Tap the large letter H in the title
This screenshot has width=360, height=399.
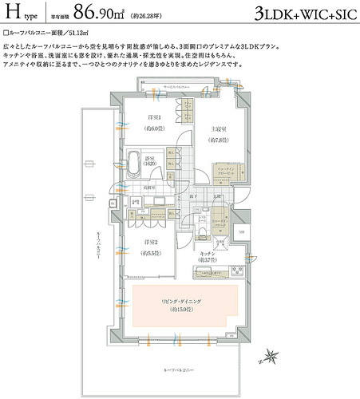[14, 13]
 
